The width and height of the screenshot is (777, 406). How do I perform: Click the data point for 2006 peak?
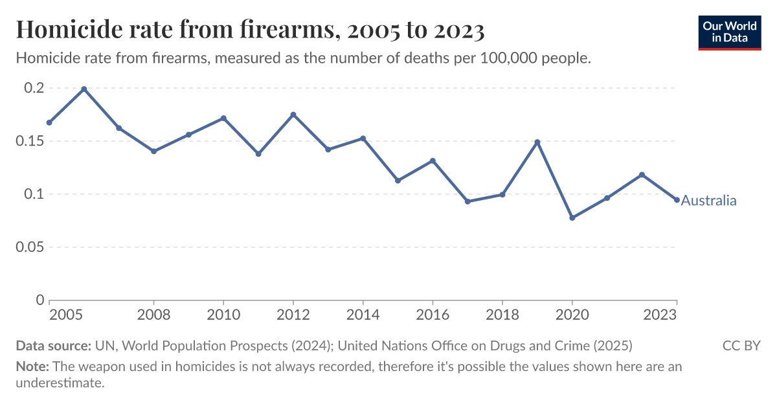[x=84, y=89]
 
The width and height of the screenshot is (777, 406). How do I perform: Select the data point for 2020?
[x=572, y=218]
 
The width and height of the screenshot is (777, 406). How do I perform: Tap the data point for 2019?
[x=537, y=142]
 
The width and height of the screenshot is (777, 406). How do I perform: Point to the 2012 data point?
[x=293, y=115]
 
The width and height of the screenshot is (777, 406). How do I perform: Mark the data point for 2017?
[x=467, y=201]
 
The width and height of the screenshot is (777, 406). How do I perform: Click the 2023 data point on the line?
[x=677, y=200]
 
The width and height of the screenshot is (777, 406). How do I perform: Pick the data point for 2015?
[x=398, y=181]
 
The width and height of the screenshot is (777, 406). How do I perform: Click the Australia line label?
[x=708, y=201]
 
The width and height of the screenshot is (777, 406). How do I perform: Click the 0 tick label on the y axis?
[x=39, y=300]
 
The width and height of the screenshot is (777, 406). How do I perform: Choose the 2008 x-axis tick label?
[x=153, y=315]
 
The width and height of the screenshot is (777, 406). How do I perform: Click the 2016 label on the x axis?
[x=433, y=315]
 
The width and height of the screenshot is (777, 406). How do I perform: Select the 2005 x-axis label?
[x=65, y=315]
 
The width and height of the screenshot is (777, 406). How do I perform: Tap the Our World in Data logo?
[x=729, y=31]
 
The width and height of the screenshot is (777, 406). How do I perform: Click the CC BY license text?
[x=741, y=345]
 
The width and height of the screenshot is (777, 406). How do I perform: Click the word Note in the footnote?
[x=32, y=367]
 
